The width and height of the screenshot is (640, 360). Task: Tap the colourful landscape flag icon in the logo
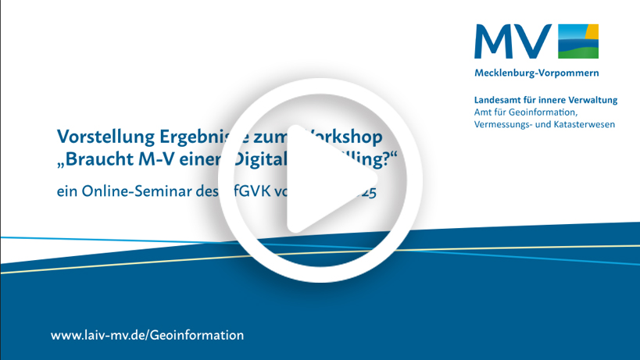point(578,41)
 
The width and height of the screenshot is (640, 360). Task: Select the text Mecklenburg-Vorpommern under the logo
point(536,73)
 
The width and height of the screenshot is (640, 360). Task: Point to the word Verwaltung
point(592,100)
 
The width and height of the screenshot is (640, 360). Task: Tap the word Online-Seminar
point(136,192)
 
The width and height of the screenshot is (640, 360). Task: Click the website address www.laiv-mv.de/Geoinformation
point(147,335)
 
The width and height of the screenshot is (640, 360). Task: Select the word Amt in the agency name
point(484,112)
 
